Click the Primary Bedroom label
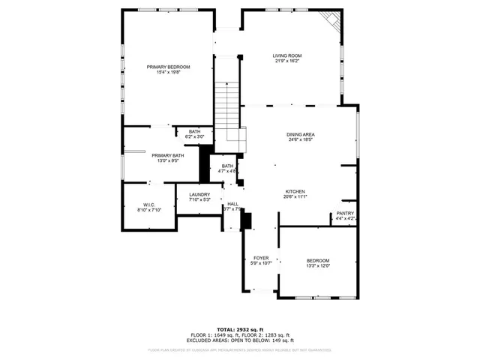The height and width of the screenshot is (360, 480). pyautogui.click(x=168, y=67)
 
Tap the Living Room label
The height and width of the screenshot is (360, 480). pyautogui.click(x=286, y=55)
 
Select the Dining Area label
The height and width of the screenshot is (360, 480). pyautogui.click(x=300, y=133)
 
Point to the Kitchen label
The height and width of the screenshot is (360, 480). pyautogui.click(x=296, y=191)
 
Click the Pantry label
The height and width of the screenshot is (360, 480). pyautogui.click(x=345, y=214)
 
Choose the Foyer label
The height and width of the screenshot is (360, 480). pyautogui.click(x=260, y=257)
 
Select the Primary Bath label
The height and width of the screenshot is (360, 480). pyautogui.click(x=167, y=155)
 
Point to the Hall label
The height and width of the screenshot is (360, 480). pyautogui.click(x=233, y=204)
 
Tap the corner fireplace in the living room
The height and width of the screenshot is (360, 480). pyautogui.click(x=328, y=20)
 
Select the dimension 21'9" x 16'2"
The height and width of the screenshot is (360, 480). pyautogui.click(x=286, y=61)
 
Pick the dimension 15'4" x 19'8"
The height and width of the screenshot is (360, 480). pyautogui.click(x=168, y=73)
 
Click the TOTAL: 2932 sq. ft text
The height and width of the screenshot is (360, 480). pyautogui.click(x=240, y=329)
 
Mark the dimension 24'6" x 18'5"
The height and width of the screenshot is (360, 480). pyautogui.click(x=300, y=139)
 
